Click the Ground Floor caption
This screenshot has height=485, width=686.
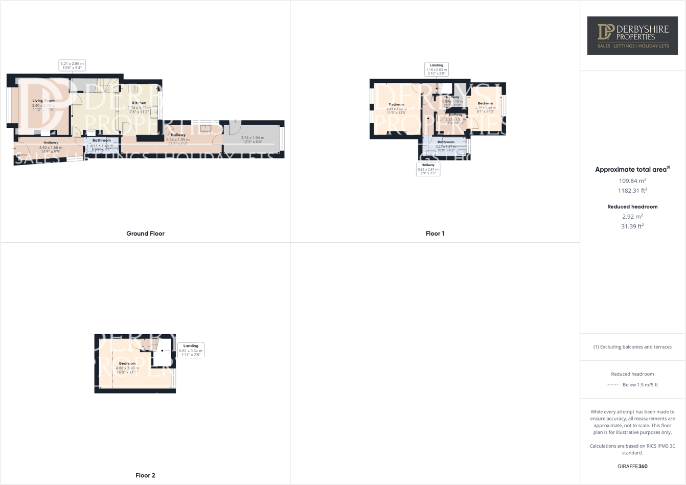tap(145, 234)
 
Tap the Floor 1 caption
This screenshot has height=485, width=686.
tap(435, 234)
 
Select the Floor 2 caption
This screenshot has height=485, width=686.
tap(145, 475)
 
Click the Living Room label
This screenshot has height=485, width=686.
tap(43, 101)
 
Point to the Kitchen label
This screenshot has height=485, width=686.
tap(139, 103)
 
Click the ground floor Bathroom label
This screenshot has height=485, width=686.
tap(102, 140)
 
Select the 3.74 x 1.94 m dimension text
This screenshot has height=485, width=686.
tap(253, 138)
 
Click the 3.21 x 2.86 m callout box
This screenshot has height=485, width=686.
tap(72, 65)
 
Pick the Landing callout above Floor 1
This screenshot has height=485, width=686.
tap(437, 69)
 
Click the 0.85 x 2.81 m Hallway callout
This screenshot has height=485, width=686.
tap(428, 169)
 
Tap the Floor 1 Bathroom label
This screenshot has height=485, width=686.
tap(446, 142)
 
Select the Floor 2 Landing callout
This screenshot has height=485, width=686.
tap(191, 350)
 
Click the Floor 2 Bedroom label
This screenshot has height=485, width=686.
tap(127, 363)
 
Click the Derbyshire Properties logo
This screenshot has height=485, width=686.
tap(632, 36)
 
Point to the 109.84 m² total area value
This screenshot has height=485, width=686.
tap(632, 180)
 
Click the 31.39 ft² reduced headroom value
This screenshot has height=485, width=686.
tap(632, 226)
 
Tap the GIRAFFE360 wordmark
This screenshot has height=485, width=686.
tap(632, 466)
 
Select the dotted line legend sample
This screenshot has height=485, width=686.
tap(612, 385)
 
